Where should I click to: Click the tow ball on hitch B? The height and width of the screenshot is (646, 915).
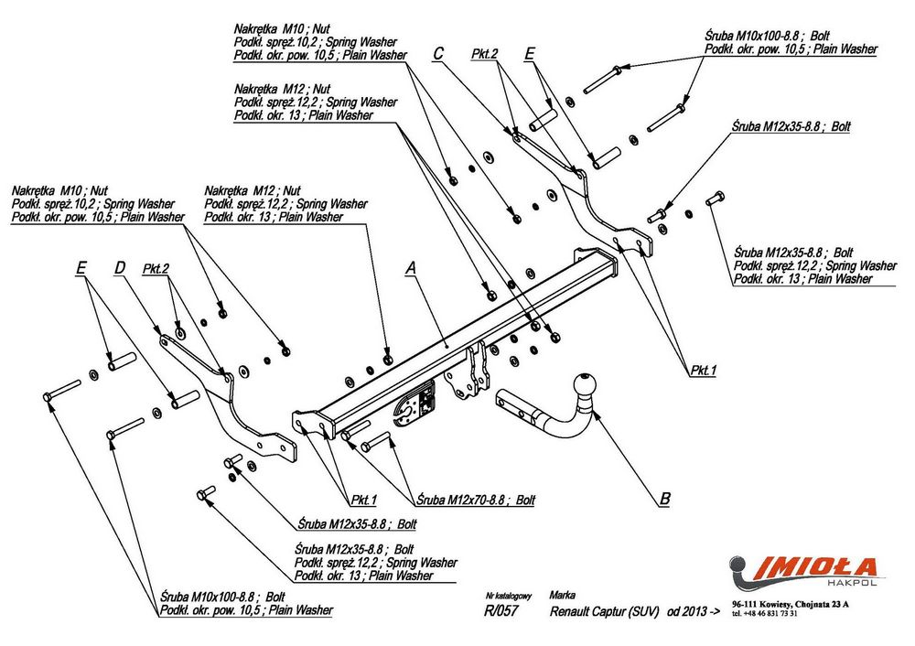coord(584,384)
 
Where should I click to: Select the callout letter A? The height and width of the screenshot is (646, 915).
coord(411,268)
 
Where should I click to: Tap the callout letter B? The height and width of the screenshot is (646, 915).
coord(665,500)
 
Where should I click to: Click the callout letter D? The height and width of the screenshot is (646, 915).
coord(119,268)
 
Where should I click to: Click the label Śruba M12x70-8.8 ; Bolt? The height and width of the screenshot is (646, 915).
coord(476,501)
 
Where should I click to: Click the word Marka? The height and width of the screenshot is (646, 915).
coord(565,594)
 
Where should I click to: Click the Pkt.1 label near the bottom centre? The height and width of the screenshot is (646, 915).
coord(364,500)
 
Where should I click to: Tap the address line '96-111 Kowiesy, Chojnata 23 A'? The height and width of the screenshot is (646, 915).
coord(791,604)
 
